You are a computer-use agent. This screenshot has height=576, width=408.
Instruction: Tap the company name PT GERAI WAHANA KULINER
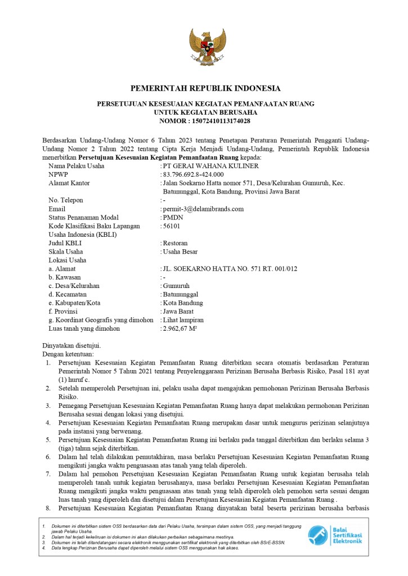pyautogui.click(x=210, y=166)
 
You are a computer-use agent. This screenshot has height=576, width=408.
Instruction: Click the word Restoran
pyautogui.click(x=175, y=243)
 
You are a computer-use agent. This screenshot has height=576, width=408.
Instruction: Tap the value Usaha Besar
pyautogui.click(x=180, y=251)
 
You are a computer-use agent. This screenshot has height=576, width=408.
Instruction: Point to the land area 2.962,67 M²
pyautogui.click(x=180, y=328)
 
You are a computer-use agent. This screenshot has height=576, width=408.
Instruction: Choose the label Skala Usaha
pyautogui.click(x=66, y=251)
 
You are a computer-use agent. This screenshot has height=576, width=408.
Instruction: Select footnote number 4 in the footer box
pyautogui.click(x=44, y=547)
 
